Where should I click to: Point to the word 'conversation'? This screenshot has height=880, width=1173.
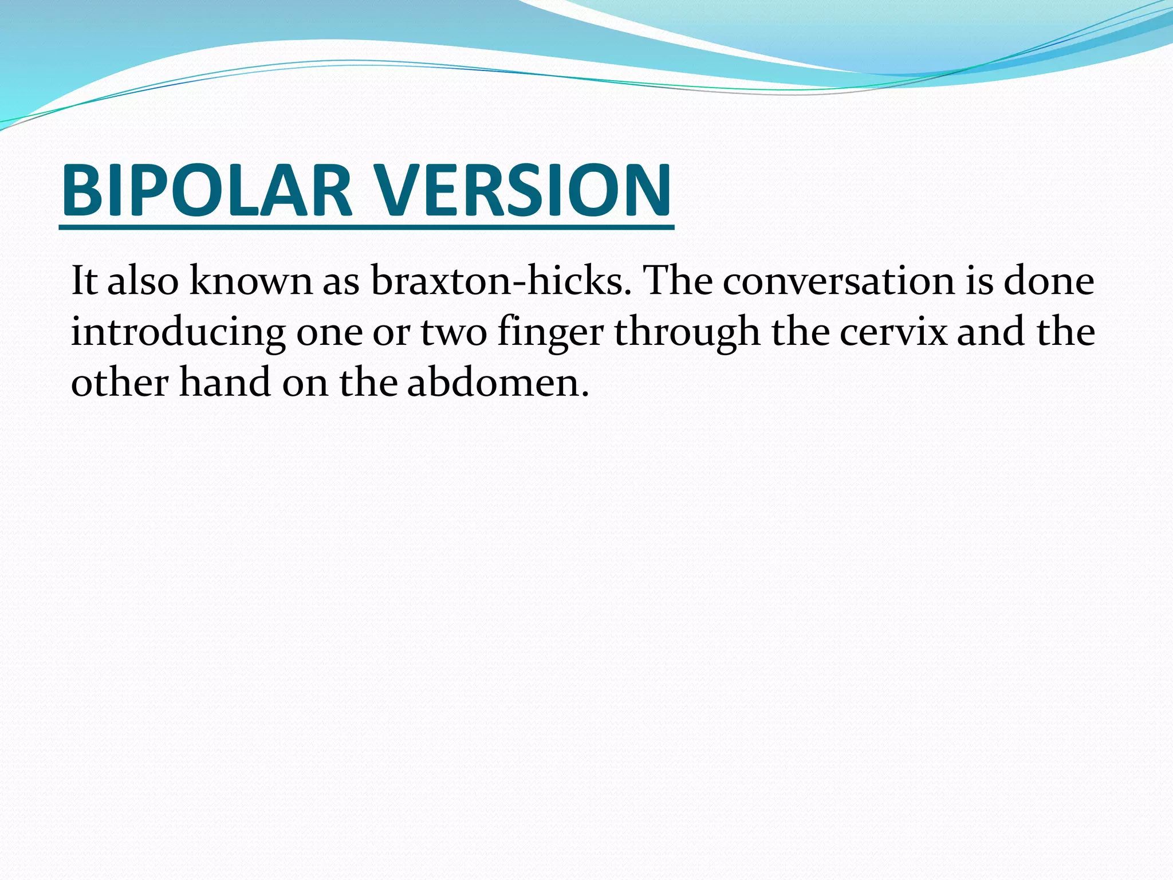[839, 281]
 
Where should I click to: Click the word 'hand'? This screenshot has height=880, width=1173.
[225, 383]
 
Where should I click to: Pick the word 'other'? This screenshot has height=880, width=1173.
[119, 383]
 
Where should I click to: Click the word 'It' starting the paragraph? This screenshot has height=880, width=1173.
[84, 281]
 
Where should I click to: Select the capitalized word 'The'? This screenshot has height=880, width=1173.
[677, 281]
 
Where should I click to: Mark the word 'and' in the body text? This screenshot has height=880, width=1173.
[991, 332]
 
